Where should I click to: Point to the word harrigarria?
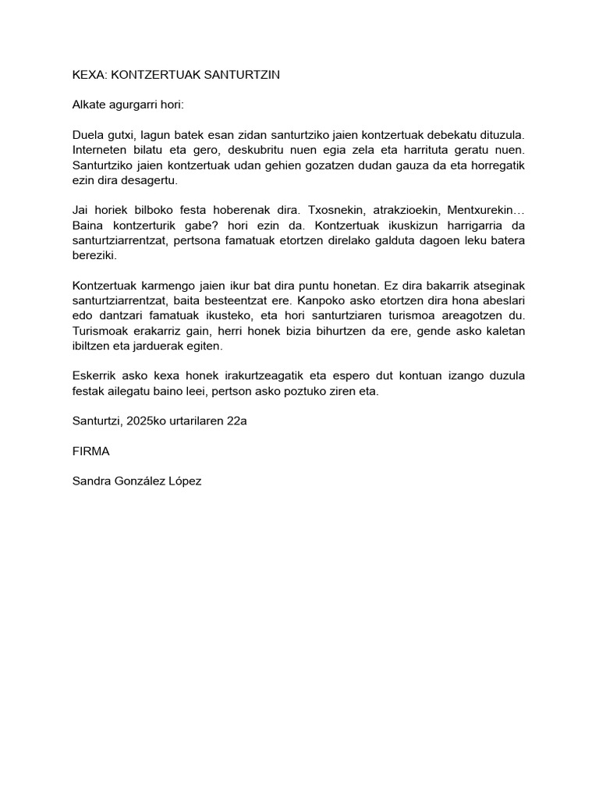pyautogui.click(x=477, y=225)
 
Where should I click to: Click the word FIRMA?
pyautogui.click(x=90, y=451)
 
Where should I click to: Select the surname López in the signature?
pyautogui.click(x=182, y=481)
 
